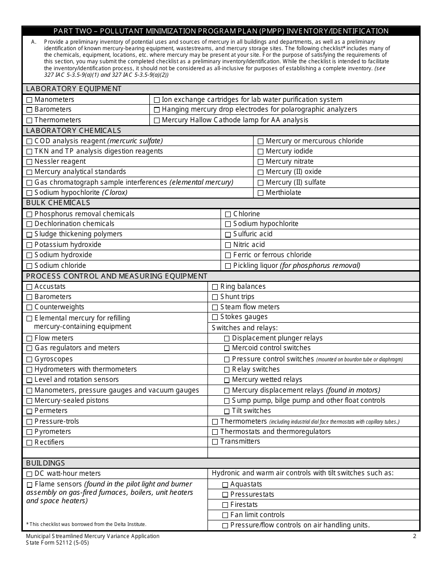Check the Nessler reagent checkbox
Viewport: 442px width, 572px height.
[29, 162]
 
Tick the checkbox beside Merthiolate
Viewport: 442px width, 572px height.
[261, 193]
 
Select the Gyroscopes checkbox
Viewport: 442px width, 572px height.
[29, 359]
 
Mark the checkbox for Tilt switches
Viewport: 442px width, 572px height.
[227, 411]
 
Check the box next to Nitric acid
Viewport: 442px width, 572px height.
[228, 245]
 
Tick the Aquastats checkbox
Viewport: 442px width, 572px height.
[225, 485]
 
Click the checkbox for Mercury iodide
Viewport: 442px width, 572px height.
[261, 152]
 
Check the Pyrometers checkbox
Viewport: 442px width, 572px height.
[29, 432]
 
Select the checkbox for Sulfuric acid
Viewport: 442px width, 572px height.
[228, 235]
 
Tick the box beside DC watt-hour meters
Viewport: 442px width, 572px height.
[29, 474]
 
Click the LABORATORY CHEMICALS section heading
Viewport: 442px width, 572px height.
[74, 131]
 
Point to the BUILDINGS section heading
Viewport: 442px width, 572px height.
[46, 463]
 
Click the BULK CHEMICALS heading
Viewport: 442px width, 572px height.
[58, 203]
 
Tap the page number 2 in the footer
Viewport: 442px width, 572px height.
[415, 536]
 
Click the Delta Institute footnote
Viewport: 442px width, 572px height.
[86, 524]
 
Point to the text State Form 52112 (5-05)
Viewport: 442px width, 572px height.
[57, 543]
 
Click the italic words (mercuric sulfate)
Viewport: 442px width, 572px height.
[135, 141]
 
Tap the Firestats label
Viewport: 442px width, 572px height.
[244, 505]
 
